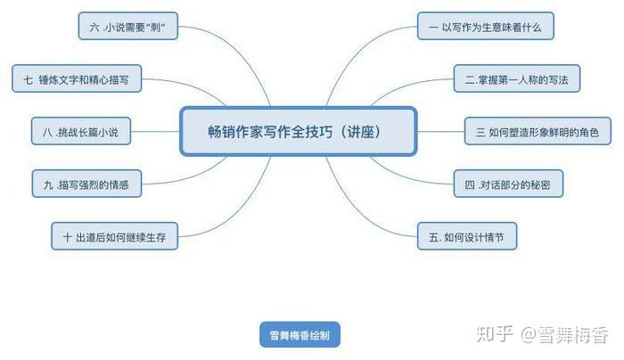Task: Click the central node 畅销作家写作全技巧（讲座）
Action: [299, 131]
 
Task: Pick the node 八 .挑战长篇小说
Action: [81, 133]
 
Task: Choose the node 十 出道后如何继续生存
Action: [115, 237]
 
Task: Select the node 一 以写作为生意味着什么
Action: [485, 27]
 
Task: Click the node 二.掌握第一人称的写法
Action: [516, 80]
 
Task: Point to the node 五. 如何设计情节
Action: [467, 237]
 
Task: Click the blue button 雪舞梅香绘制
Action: [300, 335]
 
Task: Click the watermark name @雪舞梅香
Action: [566, 335]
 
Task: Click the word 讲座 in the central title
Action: [366, 131]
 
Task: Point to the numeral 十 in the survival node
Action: [67, 237]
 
